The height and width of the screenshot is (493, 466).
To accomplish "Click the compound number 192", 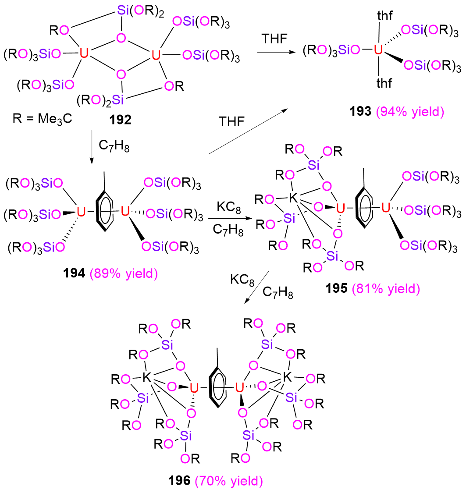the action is click(x=120, y=120).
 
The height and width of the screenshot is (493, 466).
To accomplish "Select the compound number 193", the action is click(x=360, y=111).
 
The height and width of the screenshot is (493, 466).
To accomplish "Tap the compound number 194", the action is click(x=74, y=273).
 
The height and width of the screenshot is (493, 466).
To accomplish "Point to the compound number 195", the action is click(x=336, y=288).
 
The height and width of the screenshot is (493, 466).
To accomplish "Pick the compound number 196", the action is click(x=179, y=480).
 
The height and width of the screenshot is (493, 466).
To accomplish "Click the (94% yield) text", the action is click(x=410, y=112).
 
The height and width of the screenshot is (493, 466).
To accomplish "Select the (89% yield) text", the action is click(x=124, y=273).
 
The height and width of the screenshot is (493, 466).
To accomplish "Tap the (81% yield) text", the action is click(x=386, y=289).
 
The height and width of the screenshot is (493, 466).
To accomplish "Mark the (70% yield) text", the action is click(x=229, y=481).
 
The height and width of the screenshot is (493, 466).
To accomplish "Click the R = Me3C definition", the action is click(x=43, y=119).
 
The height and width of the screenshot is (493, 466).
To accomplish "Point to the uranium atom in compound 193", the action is click(x=378, y=50).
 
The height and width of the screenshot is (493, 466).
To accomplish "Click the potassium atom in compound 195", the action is click(x=293, y=198).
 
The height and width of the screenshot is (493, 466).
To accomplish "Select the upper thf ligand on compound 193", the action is click(x=385, y=15).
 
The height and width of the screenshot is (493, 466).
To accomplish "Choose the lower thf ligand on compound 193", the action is click(x=384, y=83).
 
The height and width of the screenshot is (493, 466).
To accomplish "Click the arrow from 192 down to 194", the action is click(x=92, y=147).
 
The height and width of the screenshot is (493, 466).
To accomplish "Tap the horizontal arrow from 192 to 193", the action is click(x=276, y=52).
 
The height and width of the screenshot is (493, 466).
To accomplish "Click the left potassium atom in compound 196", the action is click(x=147, y=377).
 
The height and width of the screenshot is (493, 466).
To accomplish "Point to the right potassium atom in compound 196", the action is click(x=288, y=377).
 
